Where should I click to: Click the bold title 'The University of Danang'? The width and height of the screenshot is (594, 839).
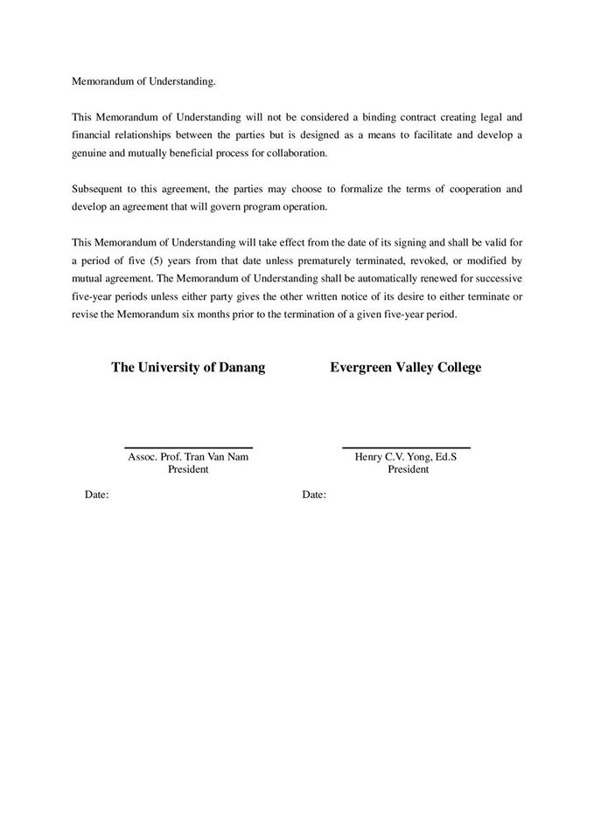click(x=188, y=368)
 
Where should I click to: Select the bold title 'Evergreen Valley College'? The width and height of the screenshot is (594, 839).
click(x=405, y=368)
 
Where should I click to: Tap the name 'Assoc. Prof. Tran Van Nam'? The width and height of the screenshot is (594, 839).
click(x=188, y=457)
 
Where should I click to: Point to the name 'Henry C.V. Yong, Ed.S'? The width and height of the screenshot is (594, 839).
click(x=406, y=457)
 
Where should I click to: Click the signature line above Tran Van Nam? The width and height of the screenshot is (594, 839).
click(x=188, y=447)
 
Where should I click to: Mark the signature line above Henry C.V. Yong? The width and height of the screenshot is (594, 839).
click(x=406, y=447)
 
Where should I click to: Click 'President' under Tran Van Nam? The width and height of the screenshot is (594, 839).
click(x=188, y=469)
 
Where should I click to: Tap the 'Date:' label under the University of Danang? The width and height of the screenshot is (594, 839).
click(x=96, y=495)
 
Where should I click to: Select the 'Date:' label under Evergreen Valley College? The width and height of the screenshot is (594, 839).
click(x=314, y=495)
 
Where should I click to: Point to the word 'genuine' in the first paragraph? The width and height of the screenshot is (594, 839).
click(x=90, y=153)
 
